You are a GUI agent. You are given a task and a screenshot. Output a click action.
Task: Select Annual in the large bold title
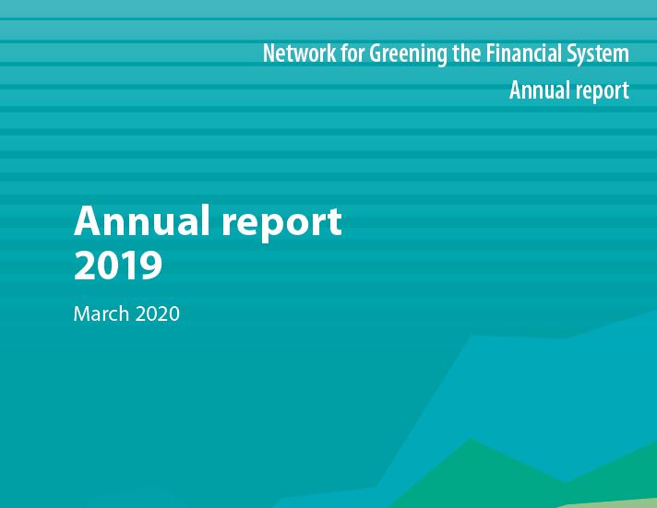pos(142,220)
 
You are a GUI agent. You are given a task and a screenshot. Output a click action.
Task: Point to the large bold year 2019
pos(118,265)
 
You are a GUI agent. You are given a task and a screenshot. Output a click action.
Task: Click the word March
pos(102,313)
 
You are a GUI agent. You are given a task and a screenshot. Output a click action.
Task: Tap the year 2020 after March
pos(158,313)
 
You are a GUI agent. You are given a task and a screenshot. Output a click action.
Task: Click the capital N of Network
pos(269,53)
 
